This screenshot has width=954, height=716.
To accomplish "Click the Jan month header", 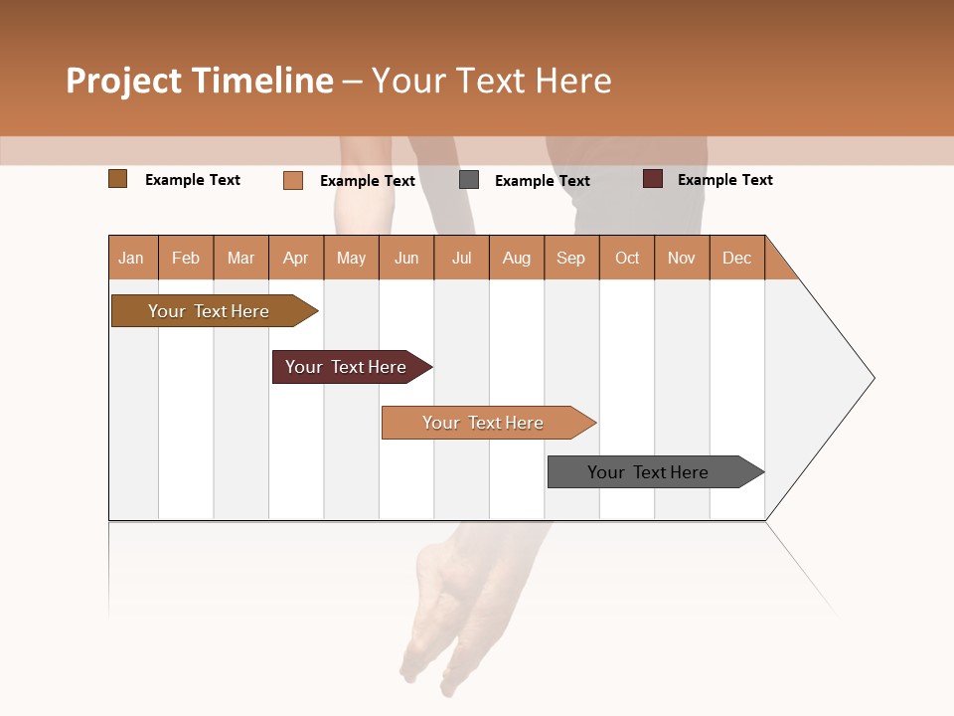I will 132,258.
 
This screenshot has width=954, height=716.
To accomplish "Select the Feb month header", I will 186,258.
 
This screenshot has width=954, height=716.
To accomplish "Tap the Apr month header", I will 296,258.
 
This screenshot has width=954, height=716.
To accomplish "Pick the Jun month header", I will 406,258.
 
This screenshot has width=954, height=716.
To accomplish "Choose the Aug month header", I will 517,258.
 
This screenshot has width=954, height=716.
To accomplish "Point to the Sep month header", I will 571,258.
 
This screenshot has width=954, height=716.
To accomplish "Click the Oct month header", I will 627,258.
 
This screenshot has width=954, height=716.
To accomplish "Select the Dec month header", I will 737,258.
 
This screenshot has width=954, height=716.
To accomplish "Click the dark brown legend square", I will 118,179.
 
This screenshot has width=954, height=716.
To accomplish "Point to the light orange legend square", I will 293,180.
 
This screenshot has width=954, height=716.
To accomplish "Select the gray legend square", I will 469,180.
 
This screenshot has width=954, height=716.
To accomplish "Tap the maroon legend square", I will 653,179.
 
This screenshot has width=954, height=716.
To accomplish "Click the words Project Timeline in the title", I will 200,81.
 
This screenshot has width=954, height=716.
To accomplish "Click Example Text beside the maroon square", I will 725,180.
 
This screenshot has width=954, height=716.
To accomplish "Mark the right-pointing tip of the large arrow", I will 872,378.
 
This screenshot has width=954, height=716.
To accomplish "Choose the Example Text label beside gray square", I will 543,181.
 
